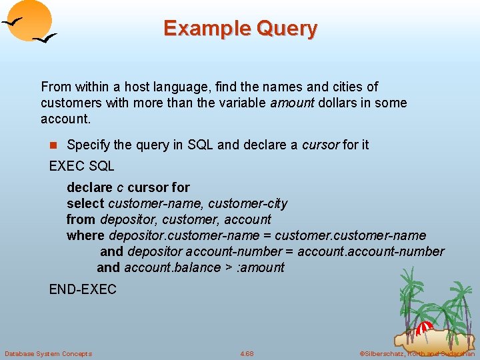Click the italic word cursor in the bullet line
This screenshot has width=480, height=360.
(320, 145)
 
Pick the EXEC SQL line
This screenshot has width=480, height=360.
(82, 166)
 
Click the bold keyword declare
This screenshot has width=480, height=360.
(89, 187)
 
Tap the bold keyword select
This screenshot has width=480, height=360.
(85, 203)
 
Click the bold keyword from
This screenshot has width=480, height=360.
(81, 219)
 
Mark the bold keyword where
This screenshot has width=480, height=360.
(85, 235)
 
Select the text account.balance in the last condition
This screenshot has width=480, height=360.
(171, 267)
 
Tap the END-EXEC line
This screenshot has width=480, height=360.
(83, 289)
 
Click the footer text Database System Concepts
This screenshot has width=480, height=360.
(48, 353)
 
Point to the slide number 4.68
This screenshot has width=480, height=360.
(247, 353)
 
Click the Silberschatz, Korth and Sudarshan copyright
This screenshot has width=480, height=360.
(417, 353)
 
